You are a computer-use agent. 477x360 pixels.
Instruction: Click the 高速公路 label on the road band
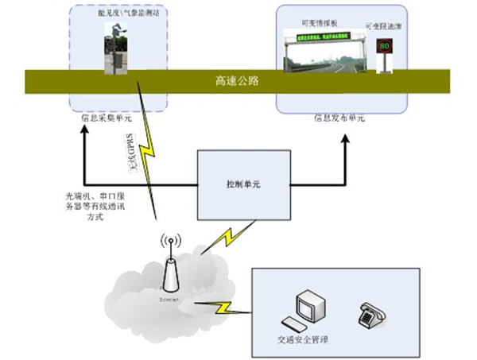[x=237, y=81]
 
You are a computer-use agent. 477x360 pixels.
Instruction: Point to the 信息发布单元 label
[x=339, y=118]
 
